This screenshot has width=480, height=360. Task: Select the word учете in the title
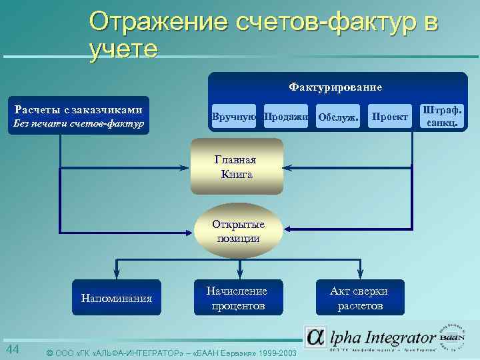[x=123, y=49]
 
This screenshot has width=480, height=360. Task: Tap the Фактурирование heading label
[x=335, y=87]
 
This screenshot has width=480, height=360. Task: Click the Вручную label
[x=234, y=117]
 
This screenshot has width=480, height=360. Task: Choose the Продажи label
[x=287, y=117]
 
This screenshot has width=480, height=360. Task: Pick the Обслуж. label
[x=339, y=117]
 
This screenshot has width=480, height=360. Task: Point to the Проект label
[x=390, y=117]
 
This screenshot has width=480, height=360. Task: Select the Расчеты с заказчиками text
[x=79, y=109]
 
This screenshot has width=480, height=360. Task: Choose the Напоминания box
[x=117, y=297]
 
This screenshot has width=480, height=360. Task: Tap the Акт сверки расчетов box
[x=360, y=297]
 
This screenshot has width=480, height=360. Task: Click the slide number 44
[x=13, y=350]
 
